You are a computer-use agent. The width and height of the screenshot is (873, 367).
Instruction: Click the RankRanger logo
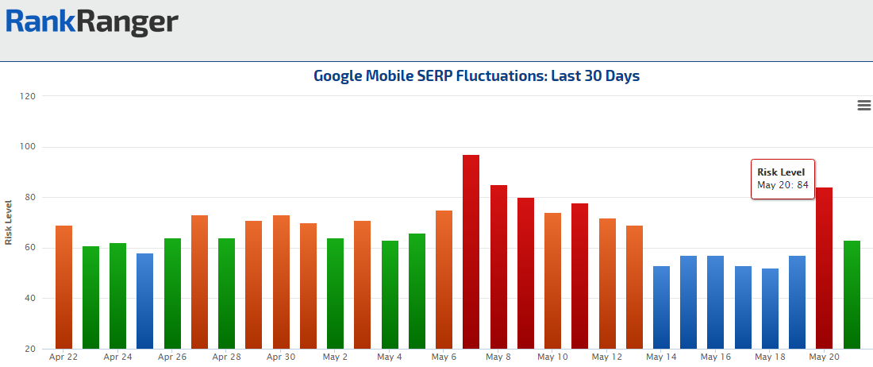tap(91, 21)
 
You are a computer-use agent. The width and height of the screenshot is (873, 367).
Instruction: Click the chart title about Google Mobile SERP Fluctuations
tap(476, 76)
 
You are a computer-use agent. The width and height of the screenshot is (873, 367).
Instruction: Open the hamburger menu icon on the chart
tap(864, 106)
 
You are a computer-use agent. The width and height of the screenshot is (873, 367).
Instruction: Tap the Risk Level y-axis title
tap(9, 222)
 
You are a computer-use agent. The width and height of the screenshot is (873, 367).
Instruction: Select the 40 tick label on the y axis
tap(29, 299)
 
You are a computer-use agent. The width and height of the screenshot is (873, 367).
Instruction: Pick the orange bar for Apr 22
tap(63, 287)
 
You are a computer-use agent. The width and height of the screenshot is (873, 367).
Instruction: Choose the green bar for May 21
tap(852, 294)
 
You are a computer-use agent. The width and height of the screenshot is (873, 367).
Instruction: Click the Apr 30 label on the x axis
tap(281, 357)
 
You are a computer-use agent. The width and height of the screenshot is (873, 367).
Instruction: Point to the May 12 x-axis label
tap(606, 357)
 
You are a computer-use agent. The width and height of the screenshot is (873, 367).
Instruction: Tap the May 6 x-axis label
tap(444, 357)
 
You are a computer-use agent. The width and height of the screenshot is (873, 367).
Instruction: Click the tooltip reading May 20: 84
tap(783, 179)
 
